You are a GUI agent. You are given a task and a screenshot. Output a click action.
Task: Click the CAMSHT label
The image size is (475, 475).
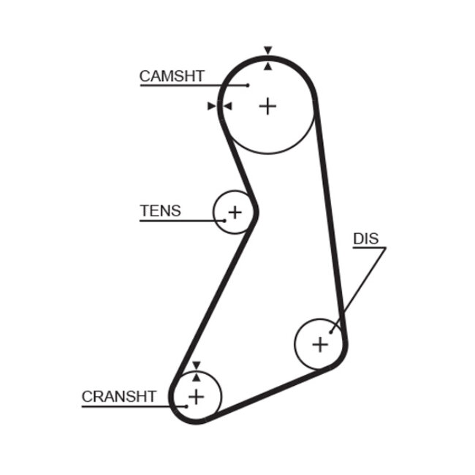click(172, 75)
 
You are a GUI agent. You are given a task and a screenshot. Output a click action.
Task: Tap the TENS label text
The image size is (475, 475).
click(160, 211)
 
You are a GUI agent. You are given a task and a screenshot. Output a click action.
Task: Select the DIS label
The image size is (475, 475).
click(366, 239)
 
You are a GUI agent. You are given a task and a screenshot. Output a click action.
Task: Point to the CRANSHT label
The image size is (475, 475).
click(118, 396)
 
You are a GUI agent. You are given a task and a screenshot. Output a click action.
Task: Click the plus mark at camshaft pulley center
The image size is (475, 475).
click(268, 106)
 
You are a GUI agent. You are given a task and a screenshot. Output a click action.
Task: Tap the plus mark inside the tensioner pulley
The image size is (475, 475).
click(234, 213)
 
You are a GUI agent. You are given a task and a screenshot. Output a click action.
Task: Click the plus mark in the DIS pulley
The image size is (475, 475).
click(320, 343)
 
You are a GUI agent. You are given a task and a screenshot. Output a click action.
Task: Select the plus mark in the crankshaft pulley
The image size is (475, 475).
click(196, 397)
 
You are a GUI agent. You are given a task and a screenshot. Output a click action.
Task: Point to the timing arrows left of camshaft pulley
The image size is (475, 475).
click(219, 106)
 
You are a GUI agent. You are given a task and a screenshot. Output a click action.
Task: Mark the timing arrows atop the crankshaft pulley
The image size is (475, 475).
click(196, 370)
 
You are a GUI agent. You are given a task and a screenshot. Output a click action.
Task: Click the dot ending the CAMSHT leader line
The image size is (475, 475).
click(248, 85)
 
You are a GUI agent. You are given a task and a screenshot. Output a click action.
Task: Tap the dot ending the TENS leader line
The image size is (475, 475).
click(225, 221)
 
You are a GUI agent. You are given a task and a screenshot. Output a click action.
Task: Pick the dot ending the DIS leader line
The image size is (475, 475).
click(331, 331)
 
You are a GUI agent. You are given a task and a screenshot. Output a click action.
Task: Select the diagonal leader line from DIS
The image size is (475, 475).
click(358, 289)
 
